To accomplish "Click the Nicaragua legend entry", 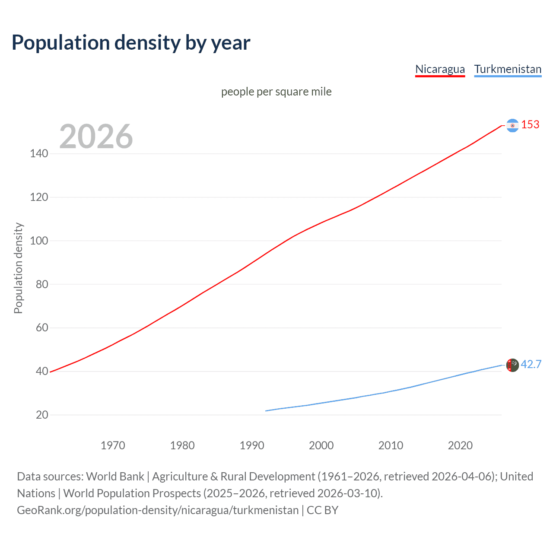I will pyautogui.click(x=440, y=69).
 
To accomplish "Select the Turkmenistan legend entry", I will pyautogui.click(x=508, y=69).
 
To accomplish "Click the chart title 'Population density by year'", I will pyautogui.click(x=131, y=43).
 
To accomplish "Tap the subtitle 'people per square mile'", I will pyautogui.click(x=276, y=92).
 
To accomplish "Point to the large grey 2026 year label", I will pyautogui.click(x=96, y=137).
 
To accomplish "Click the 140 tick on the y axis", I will pyautogui.click(x=39, y=154).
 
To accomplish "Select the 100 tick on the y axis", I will pyautogui.click(x=39, y=241).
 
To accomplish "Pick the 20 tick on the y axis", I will pyautogui.click(x=42, y=415).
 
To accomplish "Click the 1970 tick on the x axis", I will pyautogui.click(x=113, y=445).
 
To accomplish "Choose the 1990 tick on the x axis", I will pyautogui.click(x=252, y=445).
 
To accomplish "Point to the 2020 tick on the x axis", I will pyautogui.click(x=460, y=445).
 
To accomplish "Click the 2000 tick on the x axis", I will pyautogui.click(x=321, y=445).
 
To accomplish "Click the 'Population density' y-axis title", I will pyautogui.click(x=18, y=268).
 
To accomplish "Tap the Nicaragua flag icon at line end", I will pyautogui.click(x=512, y=125).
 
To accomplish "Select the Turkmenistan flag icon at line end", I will pyautogui.click(x=512, y=365).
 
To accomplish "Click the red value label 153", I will pyautogui.click(x=530, y=125).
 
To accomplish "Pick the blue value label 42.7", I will pyautogui.click(x=531, y=365).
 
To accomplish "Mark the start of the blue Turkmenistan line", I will pyautogui.click(x=266, y=411).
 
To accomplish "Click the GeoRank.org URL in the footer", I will pyautogui.click(x=158, y=510).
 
